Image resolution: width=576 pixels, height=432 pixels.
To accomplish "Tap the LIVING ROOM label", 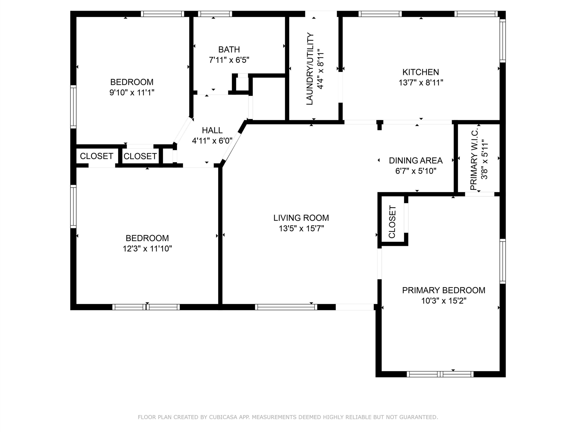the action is coord(301,218).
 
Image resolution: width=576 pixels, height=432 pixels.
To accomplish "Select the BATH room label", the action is coord(229,49).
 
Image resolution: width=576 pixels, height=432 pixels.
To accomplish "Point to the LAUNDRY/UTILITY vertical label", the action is coord(310,69).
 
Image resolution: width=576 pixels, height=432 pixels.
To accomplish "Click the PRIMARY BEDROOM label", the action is coord(443,290).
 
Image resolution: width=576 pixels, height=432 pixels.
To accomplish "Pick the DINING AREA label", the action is coord(416,160).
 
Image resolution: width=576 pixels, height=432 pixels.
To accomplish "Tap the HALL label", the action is coord(212,130).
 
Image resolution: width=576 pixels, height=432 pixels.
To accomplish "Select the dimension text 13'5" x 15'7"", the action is coord(301,229).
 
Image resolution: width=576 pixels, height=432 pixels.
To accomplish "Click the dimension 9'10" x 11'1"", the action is coord(132,92).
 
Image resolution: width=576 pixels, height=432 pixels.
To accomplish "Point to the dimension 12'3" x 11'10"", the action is coord(147,249).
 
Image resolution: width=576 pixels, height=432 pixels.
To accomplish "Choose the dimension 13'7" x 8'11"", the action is coord(421,83).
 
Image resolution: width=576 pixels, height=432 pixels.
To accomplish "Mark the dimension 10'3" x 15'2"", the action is coord(443,301).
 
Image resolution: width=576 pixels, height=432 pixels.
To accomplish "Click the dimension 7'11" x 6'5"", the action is coord(229,60).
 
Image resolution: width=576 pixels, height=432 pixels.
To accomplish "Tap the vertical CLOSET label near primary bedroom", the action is coord(392,222).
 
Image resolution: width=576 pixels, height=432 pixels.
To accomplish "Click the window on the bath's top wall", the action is coord(215,14).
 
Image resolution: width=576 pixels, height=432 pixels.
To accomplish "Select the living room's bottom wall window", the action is coord(286,307).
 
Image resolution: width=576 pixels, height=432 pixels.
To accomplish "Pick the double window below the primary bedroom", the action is coord(440,374).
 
